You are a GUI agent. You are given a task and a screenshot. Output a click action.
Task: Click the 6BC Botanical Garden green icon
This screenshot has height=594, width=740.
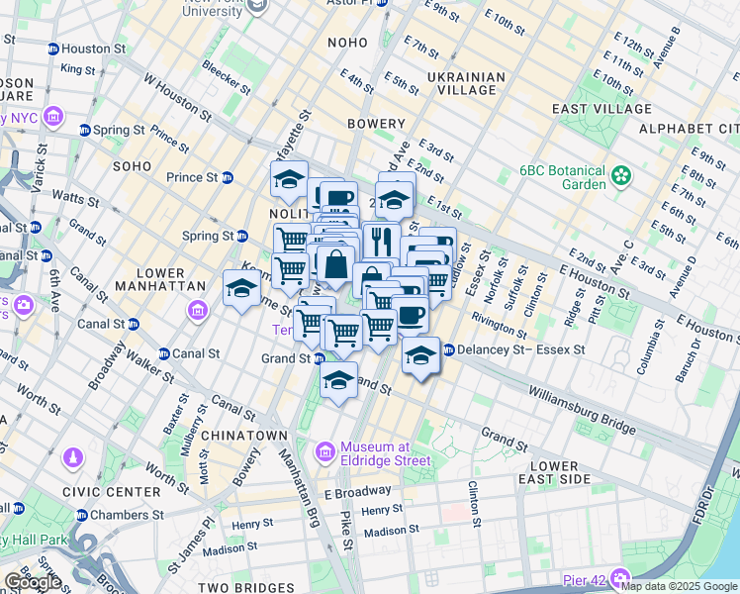pyautogui.click(x=620, y=176)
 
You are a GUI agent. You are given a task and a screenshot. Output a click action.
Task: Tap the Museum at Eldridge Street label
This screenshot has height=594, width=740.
pyautogui.click(x=386, y=452)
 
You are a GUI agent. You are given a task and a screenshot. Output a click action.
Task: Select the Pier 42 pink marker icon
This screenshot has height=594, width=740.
pyautogui.click(x=620, y=577)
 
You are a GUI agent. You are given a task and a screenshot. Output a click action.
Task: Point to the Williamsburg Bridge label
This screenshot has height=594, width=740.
pyautogui.click(x=582, y=410)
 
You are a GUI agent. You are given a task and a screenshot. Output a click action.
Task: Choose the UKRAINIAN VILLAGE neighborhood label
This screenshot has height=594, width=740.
pyautogui.click(x=466, y=83)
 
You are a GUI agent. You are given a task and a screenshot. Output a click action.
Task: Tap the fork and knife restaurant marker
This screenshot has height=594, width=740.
pyautogui.click(x=381, y=240)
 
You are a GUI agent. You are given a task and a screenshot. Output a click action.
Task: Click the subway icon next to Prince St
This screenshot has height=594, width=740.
pyautogui.click(x=227, y=178)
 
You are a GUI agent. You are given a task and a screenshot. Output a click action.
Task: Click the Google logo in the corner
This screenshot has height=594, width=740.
pyautogui.click(x=32, y=582)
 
